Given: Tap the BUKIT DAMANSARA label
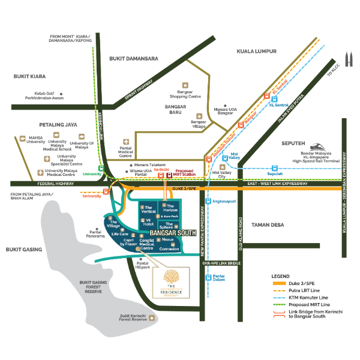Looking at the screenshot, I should (x=134, y=59).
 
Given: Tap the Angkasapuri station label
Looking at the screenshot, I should (x=224, y=202).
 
